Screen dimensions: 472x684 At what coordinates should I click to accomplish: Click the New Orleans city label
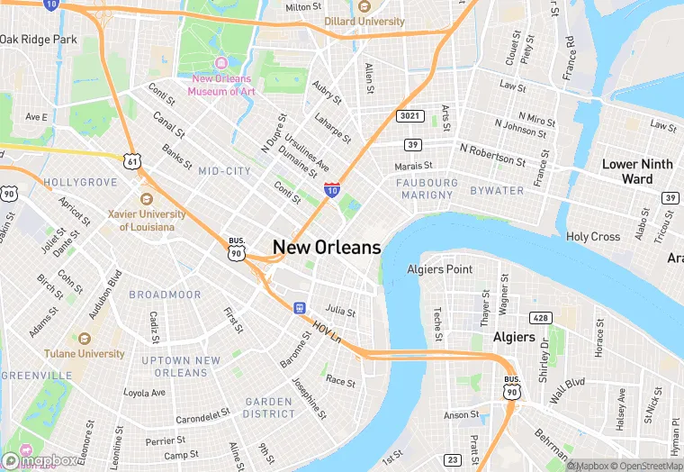327,247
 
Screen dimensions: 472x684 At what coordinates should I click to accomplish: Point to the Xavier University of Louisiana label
147,220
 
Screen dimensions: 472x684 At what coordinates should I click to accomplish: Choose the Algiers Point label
440,269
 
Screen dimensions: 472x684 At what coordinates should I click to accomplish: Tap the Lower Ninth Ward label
638,171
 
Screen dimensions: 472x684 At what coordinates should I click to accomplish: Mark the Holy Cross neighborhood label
593,237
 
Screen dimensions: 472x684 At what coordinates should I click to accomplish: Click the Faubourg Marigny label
425,188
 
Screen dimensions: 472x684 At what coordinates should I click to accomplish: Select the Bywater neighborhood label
497,190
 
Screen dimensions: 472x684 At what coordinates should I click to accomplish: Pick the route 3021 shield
409,116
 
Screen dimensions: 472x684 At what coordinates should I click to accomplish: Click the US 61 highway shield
133,160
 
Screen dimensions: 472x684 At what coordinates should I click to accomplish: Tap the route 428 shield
542,317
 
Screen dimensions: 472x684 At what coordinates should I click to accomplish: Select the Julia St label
340,309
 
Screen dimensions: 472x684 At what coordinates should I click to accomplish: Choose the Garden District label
269,407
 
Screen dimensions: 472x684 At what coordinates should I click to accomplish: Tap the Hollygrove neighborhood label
80,182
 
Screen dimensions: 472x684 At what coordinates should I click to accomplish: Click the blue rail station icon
298,308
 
